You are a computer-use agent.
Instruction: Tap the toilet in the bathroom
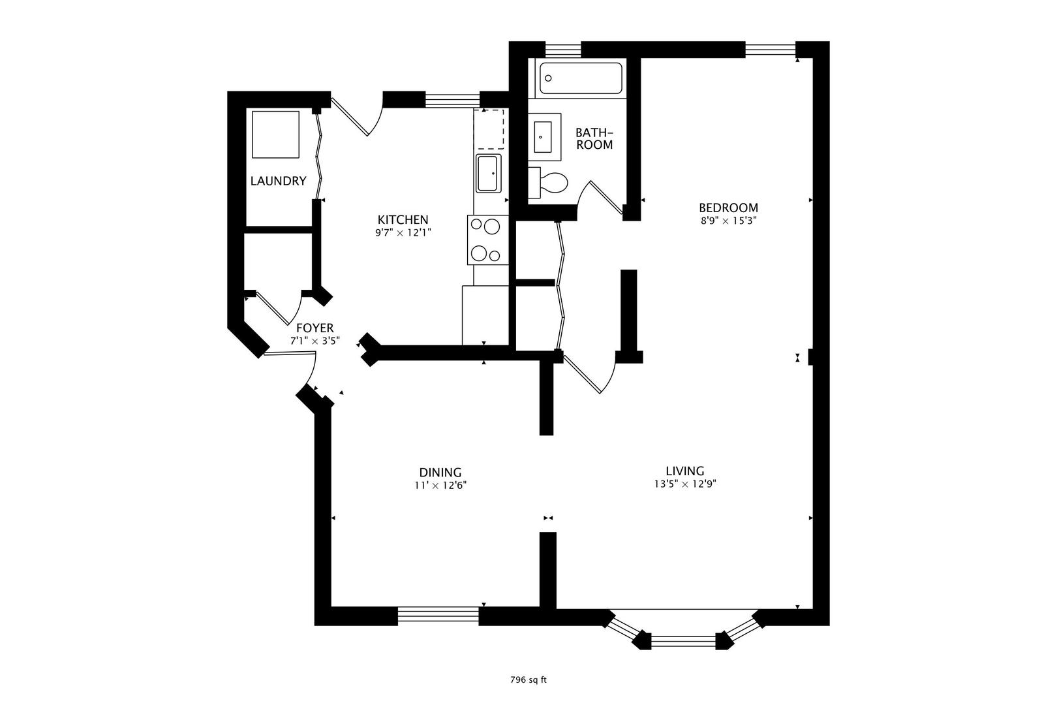coord(550,183)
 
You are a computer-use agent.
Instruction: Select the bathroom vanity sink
coord(545,136)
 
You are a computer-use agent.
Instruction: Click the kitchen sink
coord(489,174)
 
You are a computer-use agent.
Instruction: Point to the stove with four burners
coord(487,240)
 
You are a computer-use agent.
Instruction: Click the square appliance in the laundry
coord(275,134)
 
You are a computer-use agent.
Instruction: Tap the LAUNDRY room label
coord(278,181)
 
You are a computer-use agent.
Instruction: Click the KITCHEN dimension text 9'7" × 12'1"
coord(403,232)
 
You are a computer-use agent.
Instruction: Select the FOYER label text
coord(314,328)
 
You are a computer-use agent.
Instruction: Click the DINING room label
coord(440,472)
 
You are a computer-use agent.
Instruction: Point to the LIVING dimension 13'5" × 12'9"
coord(684,484)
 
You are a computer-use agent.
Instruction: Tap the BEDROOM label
coord(728,208)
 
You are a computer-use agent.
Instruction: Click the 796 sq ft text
coord(528,680)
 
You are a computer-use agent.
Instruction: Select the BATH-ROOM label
coord(594,138)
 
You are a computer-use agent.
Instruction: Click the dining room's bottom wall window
coord(438,616)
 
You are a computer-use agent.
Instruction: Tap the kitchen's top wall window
coord(452,100)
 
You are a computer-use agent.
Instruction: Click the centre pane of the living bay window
coord(683,641)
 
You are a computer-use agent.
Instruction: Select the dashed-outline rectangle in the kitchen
coord(490,129)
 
